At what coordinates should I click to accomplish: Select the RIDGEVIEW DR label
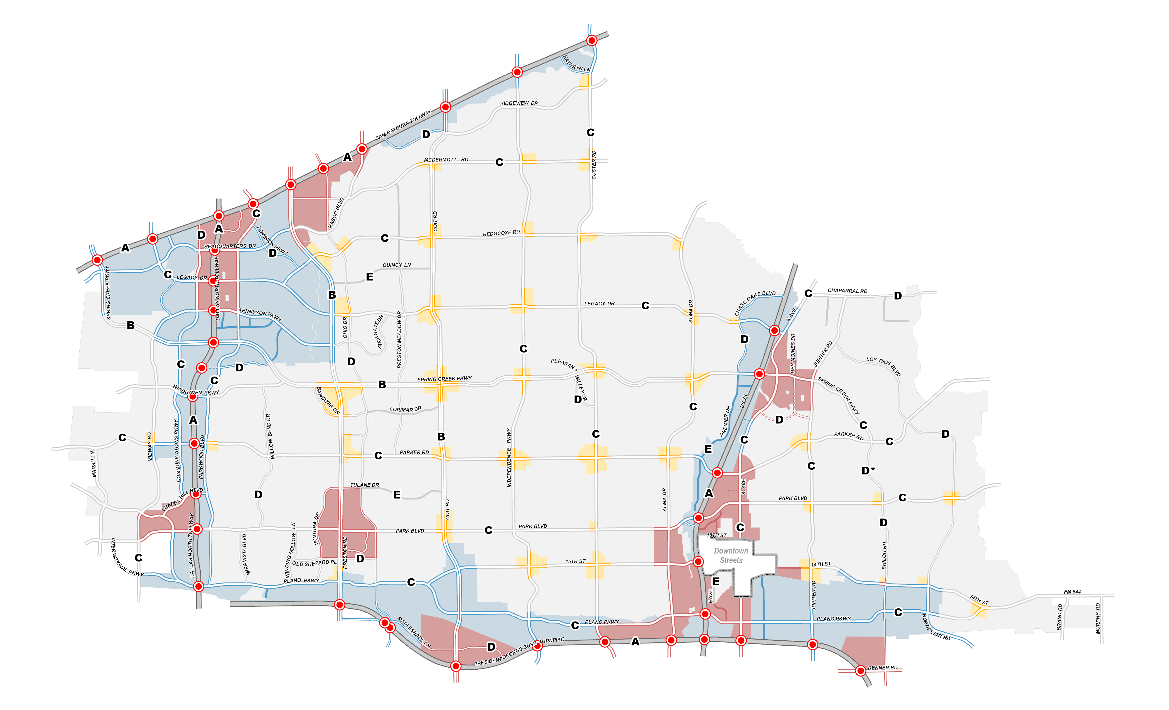519,103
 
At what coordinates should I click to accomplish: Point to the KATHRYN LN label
576,63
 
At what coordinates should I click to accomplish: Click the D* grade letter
868,470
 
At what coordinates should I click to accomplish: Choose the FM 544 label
1072,592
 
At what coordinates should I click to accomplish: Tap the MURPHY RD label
1098,618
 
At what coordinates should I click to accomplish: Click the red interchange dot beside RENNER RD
860,671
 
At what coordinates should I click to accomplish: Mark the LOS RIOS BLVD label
883,366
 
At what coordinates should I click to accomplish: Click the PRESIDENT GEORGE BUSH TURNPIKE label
519,651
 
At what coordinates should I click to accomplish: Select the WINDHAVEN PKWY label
195,390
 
